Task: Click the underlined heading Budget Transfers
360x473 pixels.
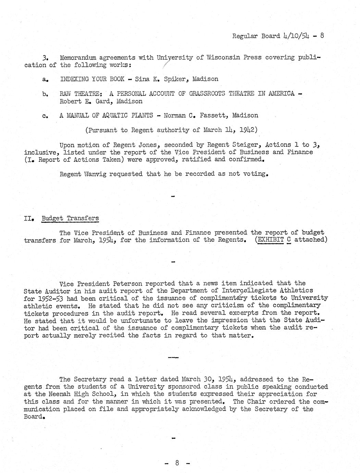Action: [70, 218]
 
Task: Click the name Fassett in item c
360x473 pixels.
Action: [214, 116]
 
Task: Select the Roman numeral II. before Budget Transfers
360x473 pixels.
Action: [29, 218]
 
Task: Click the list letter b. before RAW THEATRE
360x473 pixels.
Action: [45, 94]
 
